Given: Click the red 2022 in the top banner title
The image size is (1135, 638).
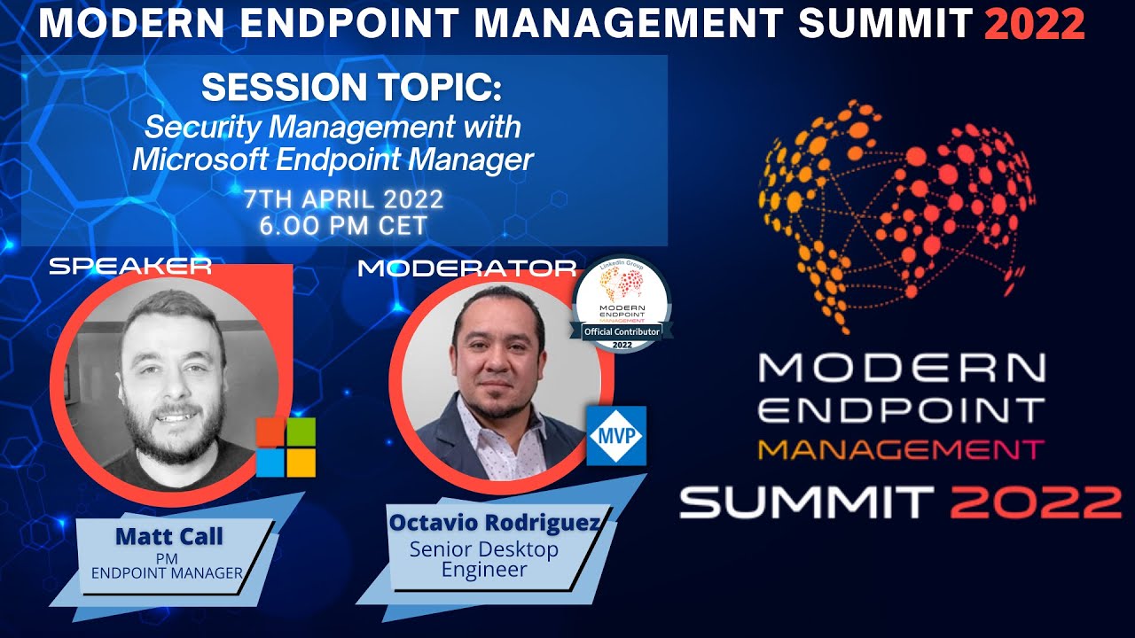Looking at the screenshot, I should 1034,22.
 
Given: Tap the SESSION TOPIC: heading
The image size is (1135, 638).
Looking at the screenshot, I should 351,88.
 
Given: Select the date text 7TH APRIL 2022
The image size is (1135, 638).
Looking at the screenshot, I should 344,200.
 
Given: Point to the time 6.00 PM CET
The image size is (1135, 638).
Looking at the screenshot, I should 343,225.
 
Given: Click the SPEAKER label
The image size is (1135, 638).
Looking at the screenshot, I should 130,266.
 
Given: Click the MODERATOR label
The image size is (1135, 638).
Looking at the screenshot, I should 466,268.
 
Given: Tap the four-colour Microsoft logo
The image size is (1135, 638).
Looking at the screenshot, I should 286,447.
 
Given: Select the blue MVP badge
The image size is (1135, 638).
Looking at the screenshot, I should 616,436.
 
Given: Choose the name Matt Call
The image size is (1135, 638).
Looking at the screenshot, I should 168,536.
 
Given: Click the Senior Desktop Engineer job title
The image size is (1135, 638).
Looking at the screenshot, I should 484,559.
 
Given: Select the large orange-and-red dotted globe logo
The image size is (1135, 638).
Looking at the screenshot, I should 896,213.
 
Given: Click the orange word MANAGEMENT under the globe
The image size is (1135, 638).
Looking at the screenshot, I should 901,450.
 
